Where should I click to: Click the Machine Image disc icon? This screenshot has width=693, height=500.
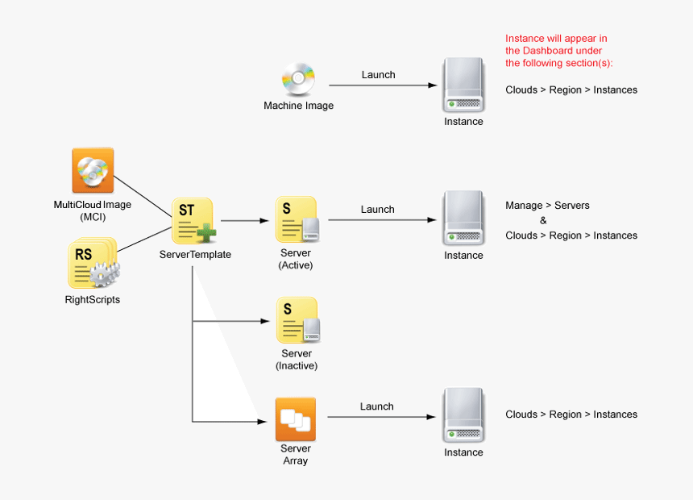click(x=297, y=79)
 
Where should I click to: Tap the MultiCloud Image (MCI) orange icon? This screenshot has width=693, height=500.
click(x=93, y=170)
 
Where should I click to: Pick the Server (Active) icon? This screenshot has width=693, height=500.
click(x=297, y=219)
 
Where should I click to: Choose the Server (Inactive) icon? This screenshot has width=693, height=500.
click(x=297, y=320)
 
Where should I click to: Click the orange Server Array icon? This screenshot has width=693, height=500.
click(x=295, y=419)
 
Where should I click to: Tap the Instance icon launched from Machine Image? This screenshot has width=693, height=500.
click(x=463, y=85)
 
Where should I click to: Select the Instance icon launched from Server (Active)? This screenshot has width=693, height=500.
click(x=463, y=218)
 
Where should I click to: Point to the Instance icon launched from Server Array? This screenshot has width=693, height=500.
click(x=463, y=415)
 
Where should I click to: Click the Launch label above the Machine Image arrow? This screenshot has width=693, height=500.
click(x=378, y=75)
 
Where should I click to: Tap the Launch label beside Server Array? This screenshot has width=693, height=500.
click(x=376, y=406)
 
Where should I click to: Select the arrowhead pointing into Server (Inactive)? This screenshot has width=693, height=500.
click(x=265, y=321)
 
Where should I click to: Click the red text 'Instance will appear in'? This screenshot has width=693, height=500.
click(x=556, y=38)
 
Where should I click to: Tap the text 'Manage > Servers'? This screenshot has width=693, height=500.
click(x=547, y=206)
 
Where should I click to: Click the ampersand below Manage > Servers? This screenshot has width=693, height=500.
click(x=543, y=220)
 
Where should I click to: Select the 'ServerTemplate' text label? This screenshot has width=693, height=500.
click(x=194, y=255)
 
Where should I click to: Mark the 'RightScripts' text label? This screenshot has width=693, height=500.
click(x=92, y=300)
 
